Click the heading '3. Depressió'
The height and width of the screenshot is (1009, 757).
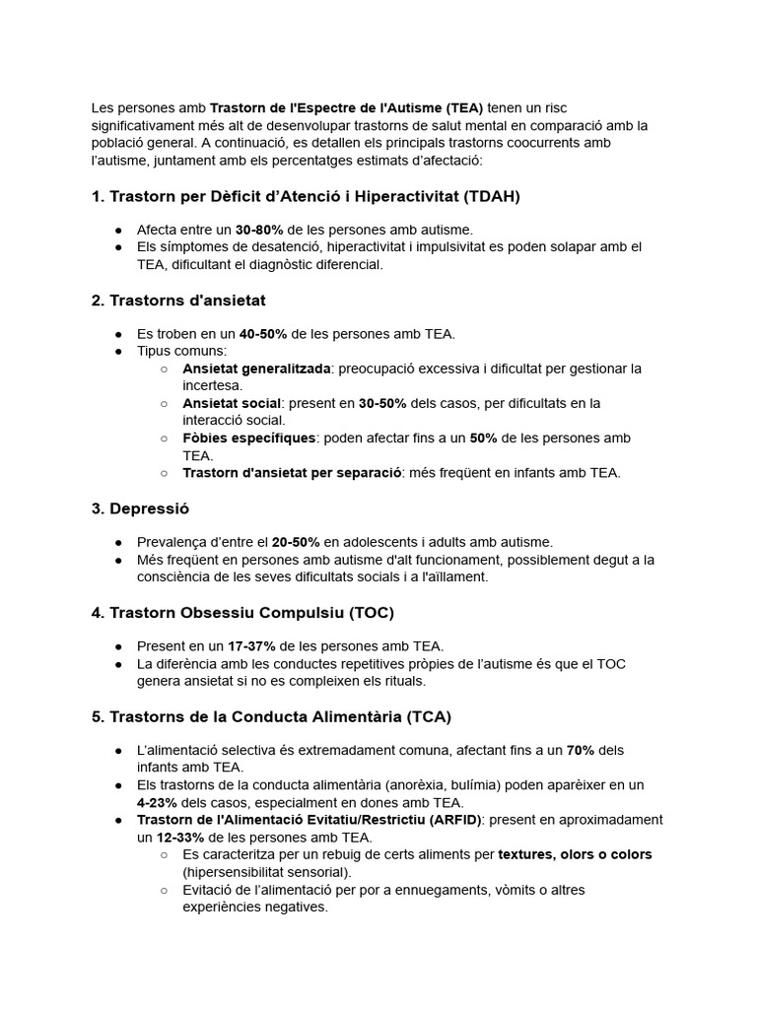pyautogui.click(x=140, y=508)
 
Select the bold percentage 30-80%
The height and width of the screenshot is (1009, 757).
pyautogui.click(x=260, y=230)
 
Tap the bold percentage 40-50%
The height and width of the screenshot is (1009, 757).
pyautogui.click(x=263, y=334)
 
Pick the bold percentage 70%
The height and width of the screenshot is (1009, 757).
pyautogui.click(x=581, y=750)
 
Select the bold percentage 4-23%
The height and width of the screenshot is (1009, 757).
pyautogui.click(x=157, y=802)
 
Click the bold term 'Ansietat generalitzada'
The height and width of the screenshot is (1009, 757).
pyautogui.click(x=255, y=369)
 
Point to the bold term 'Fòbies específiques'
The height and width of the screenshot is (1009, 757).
pyautogui.click(x=248, y=437)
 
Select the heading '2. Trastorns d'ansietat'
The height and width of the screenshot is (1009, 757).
pyautogui.click(x=178, y=300)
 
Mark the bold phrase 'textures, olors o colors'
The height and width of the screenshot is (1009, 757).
pyautogui.click(x=575, y=854)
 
